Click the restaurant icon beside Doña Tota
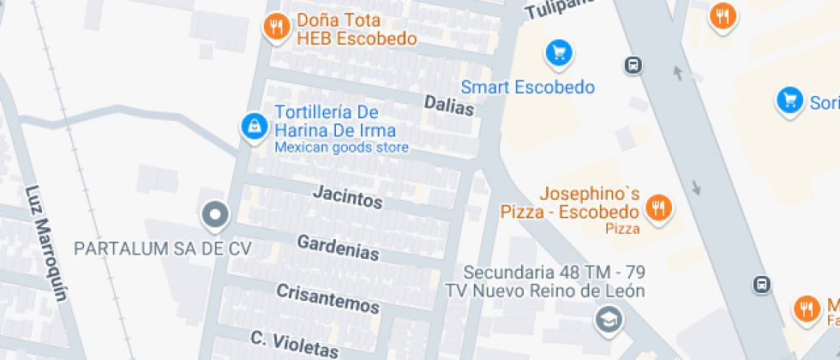coord(275,26)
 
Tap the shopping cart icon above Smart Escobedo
coord(559,54)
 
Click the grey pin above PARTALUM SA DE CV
coord(215,214)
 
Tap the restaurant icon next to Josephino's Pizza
coord(658,207)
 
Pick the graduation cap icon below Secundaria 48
coord(607,321)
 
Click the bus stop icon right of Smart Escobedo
coord(633,65)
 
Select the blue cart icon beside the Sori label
coord(789,100)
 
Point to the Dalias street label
coord(449,106)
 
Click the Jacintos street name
coord(347,198)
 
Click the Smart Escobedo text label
coord(527,87)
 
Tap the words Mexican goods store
coord(341,147)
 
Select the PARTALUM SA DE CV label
coord(163,249)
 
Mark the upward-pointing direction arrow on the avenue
coord(678,74)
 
